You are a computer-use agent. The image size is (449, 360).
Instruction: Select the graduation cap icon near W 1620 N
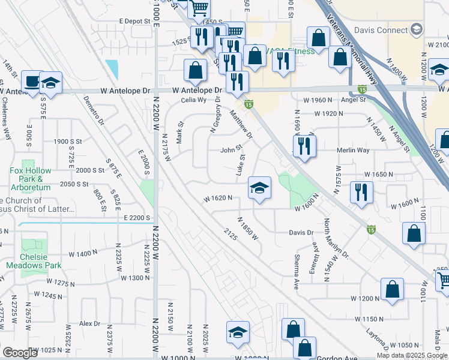point(259,188)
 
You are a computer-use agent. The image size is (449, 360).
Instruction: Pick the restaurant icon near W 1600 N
point(361,192)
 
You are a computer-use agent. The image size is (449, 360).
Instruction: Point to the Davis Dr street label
point(301,232)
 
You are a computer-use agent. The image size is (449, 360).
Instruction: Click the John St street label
point(231,150)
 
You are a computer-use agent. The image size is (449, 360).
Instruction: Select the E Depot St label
point(137,21)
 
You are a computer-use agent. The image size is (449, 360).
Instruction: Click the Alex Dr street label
point(89,323)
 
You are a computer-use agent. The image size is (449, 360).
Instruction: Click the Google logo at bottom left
point(19,353)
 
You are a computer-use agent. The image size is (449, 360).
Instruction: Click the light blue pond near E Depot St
point(112,69)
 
